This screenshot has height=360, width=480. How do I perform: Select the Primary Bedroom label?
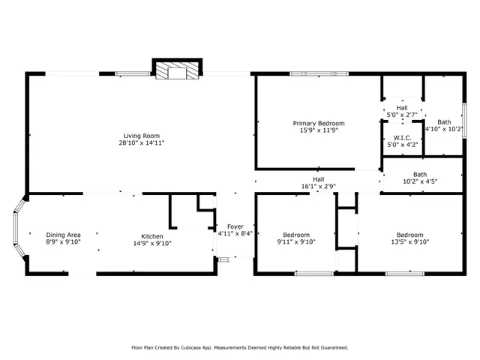(x=319, y=123)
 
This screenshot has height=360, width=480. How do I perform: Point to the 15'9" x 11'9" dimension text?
(x=319, y=130)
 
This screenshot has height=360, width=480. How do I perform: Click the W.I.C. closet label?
(x=402, y=138)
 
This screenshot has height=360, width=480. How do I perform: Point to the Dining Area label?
(x=63, y=235)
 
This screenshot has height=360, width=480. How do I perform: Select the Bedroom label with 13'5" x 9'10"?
(x=409, y=235)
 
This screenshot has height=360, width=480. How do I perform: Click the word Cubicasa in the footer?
(x=195, y=347)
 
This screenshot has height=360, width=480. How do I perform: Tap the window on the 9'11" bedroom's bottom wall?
(x=313, y=274)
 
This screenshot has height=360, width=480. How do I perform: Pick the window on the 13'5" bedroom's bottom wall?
(x=404, y=274)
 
